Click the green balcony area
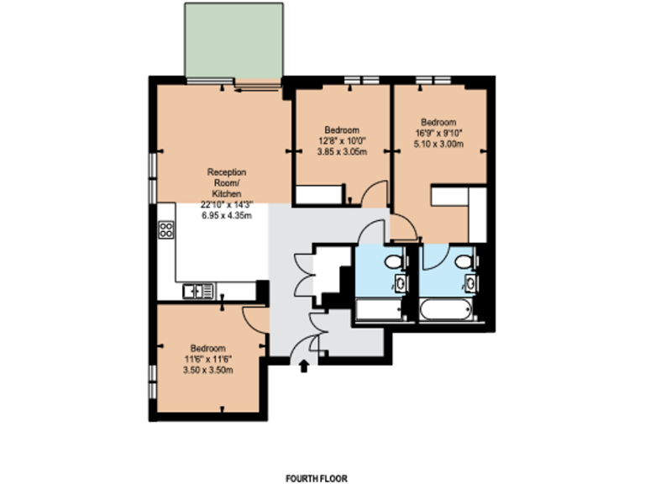coord(233,39)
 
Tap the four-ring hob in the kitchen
coord(166,229)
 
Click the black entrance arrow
coord(304,365)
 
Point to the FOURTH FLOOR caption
coord(315,477)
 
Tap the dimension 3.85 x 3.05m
coord(342,151)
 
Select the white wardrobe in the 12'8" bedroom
coord(320,196)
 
